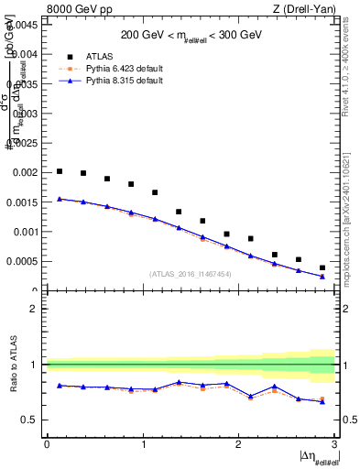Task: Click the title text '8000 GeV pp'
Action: pyautogui.click(x=75, y=10)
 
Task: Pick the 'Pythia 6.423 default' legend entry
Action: pyautogui.click(x=107, y=68)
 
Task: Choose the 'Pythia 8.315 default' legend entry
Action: pyautogui.click(x=107, y=81)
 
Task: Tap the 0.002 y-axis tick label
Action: pyautogui.click(x=24, y=172)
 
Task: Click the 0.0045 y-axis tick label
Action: pyautogui.click(x=21, y=25)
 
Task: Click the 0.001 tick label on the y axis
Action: pyautogui.click(x=24, y=232)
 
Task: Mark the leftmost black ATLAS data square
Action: pyautogui.click(x=60, y=171)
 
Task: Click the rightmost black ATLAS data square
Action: pyautogui.click(x=322, y=267)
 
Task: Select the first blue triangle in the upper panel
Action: pyautogui.click(x=60, y=199)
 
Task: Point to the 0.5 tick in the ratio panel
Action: pyautogui.click(x=32, y=420)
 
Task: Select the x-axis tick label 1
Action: pyautogui.click(x=142, y=444)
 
